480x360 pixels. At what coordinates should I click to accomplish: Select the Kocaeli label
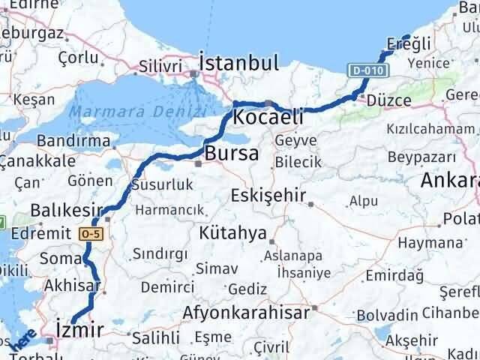(x=268, y=117)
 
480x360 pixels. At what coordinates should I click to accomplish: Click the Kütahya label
(x=232, y=233)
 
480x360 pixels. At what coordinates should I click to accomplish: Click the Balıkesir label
(x=67, y=209)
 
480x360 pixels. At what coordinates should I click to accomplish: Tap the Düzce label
(x=388, y=100)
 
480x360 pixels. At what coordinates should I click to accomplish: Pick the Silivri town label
(x=160, y=66)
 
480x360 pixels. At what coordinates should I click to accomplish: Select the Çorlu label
(x=79, y=57)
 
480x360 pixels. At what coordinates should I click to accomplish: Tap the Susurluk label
(x=162, y=184)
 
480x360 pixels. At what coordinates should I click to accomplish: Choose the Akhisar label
(x=72, y=285)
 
